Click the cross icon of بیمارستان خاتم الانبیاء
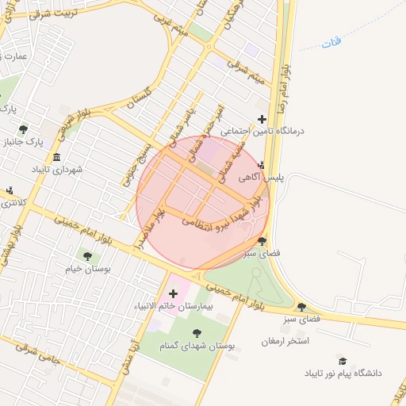click(173, 294)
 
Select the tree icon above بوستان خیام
click(87, 256)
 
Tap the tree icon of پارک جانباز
click(25, 128)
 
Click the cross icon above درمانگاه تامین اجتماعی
click(262, 118)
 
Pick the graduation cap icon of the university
click(343, 360)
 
